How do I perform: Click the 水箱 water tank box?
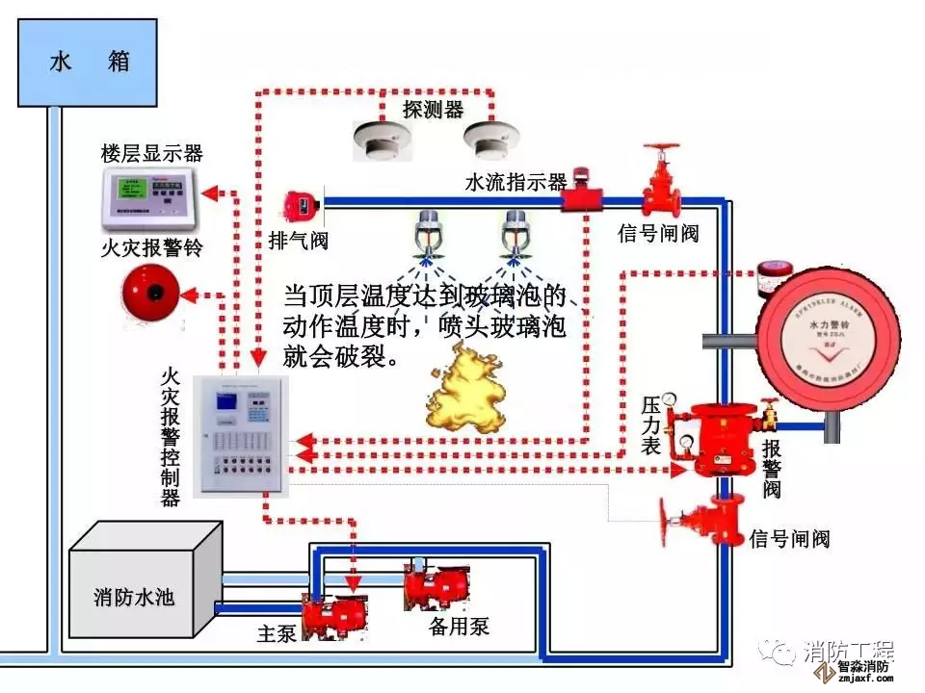tap(89, 64)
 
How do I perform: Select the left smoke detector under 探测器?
tap(375, 139)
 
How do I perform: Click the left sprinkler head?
tap(425, 237)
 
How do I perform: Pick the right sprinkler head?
tap(515, 237)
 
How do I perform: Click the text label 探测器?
tap(433, 109)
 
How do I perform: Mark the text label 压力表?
tap(651, 423)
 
